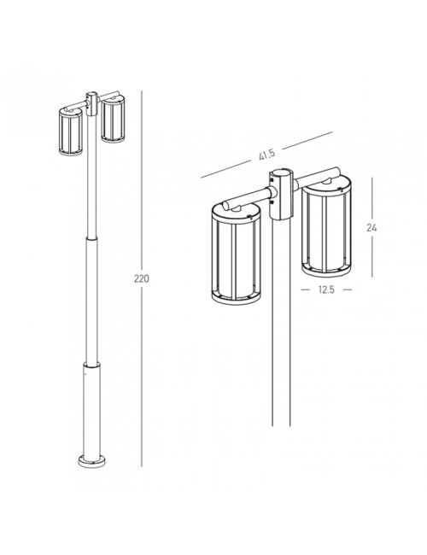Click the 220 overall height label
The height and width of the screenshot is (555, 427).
(142, 279)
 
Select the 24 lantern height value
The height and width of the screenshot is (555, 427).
(371, 228)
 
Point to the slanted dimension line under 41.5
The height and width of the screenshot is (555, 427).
(265, 153)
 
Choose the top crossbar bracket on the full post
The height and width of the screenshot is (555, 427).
(92, 99)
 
